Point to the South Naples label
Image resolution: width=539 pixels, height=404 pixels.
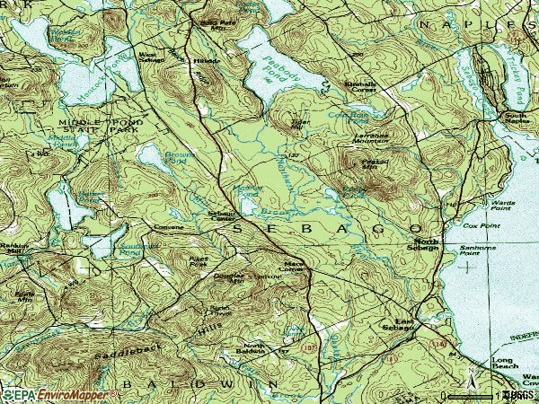515,119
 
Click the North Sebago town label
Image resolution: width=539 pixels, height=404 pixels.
427,246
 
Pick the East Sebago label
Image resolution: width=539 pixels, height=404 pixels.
397,327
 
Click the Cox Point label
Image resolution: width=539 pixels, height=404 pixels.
482,226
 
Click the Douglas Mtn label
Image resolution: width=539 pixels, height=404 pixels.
229,279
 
